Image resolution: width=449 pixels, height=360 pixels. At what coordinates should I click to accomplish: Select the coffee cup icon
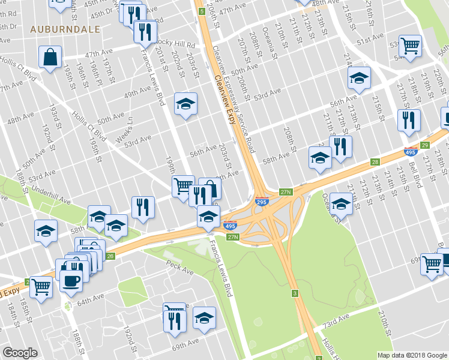click(x=71, y=280)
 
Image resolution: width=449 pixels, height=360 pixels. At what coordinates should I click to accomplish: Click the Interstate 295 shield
click(x=262, y=202)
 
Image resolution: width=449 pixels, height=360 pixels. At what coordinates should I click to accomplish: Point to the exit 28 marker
click(x=376, y=162)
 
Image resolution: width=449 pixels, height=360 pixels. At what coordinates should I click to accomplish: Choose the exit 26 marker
click(x=110, y=256)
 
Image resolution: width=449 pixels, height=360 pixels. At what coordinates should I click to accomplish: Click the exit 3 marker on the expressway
click(x=295, y=293)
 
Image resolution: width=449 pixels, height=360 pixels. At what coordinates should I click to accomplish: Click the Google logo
click(x=20, y=353)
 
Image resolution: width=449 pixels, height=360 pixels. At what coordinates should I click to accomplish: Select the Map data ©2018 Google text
click(x=411, y=355)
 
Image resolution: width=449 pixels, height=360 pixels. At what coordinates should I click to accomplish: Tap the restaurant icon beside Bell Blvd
click(x=409, y=119)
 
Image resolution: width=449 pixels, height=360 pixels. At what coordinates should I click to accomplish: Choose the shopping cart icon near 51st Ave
click(x=410, y=45)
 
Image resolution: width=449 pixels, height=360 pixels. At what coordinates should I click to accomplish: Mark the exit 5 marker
click(x=202, y=11)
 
